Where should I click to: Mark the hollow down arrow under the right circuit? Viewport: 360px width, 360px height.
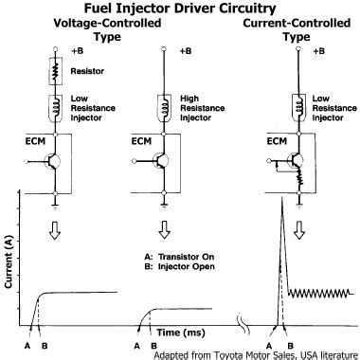pyautogui.click(x=300, y=229)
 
